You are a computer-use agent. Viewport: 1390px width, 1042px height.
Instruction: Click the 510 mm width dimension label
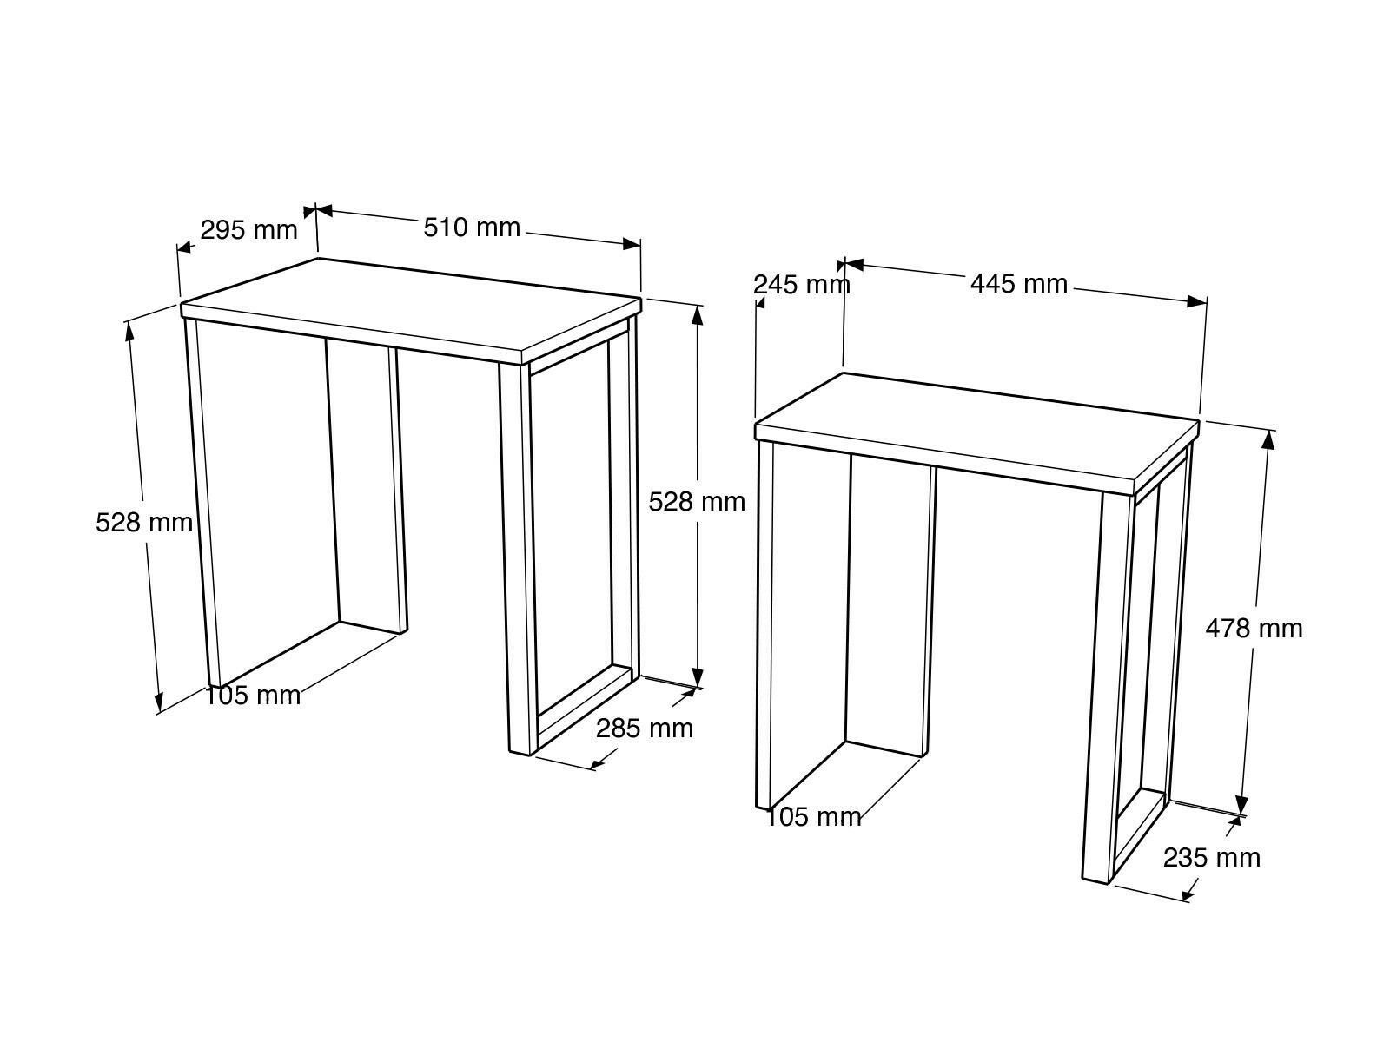point(472,228)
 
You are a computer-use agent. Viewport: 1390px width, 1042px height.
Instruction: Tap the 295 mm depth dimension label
point(248,230)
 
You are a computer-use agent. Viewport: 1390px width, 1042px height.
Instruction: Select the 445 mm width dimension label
point(1019,284)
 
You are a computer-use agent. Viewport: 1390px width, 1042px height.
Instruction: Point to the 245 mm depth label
point(801,286)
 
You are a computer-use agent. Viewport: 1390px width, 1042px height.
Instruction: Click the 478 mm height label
point(1254,628)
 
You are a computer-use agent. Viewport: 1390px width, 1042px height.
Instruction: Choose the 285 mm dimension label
point(645,729)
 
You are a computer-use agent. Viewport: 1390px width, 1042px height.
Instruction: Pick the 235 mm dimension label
point(1212,858)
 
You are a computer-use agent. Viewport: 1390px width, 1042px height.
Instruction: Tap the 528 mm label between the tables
point(697,503)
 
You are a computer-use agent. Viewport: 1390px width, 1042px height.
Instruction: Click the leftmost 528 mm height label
point(144,524)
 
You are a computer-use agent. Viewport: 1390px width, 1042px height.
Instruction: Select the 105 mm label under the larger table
point(253,696)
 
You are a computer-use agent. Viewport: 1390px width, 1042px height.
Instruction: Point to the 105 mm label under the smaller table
point(814,817)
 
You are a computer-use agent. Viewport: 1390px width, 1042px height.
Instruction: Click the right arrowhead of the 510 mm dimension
point(632,244)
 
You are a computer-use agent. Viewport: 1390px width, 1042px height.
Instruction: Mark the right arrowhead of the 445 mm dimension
point(1197,301)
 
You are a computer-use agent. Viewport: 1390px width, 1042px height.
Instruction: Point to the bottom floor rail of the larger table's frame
point(586,708)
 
